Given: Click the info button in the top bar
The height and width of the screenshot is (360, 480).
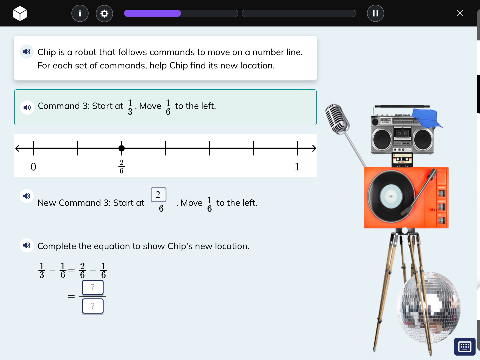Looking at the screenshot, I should point(80,14).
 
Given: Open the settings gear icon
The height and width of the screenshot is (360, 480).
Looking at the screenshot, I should point(104,14).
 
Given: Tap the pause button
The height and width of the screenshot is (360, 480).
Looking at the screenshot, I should point(375,13).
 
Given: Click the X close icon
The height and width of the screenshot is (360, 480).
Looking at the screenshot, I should point(460,13).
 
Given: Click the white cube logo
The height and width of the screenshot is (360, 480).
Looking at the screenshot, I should point(20,13).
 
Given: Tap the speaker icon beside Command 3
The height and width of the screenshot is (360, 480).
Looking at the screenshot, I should point(27,107).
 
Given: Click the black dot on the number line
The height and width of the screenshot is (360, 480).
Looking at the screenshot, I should point(122,148).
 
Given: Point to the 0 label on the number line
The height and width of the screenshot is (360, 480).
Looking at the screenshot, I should point(33,167).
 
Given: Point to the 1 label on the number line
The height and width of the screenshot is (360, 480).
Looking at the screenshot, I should point(297,167).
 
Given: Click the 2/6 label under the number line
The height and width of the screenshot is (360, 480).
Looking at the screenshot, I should point(121,166).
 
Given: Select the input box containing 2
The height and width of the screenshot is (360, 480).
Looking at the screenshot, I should point(158,195).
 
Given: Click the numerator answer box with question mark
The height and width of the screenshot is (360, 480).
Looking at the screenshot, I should point(93,287).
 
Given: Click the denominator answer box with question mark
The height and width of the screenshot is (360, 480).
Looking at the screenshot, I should point(93,306).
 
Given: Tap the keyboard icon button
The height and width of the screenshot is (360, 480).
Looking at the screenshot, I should point(465,347).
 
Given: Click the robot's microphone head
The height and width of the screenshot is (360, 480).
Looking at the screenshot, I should point(337,119).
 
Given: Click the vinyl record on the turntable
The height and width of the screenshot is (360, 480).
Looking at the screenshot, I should point(391,196).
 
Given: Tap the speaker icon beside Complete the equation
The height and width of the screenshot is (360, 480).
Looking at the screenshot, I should point(27,245).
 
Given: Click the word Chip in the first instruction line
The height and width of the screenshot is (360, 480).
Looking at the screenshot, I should point(47,52).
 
